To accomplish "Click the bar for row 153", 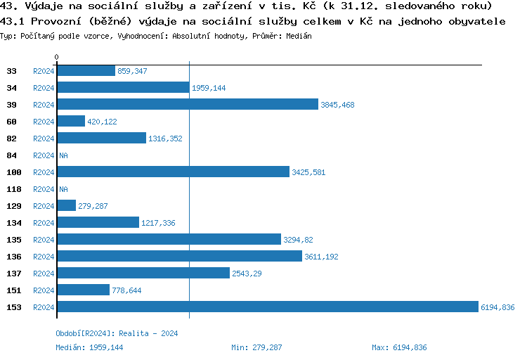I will (x=267, y=307).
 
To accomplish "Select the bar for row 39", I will (x=187, y=104).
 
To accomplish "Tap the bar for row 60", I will (x=70, y=121).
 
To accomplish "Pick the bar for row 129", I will (x=66, y=205).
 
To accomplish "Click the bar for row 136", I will (x=179, y=256).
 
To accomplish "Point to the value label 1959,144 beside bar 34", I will (x=209, y=88).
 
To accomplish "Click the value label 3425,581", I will (x=308, y=172).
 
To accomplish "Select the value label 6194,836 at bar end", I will (x=497, y=307).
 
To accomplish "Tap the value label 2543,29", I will (x=247, y=274).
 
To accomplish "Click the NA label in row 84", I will (x=63, y=155).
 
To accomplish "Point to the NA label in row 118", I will (x=63, y=189).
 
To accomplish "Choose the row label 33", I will (x=12, y=71).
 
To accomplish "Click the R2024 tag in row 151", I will (x=44, y=290).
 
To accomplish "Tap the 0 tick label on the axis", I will (x=57, y=57).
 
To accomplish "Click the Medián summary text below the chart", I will (x=93, y=347).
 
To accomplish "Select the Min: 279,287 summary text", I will (x=256, y=347).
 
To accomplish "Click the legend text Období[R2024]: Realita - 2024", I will (x=117, y=333).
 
